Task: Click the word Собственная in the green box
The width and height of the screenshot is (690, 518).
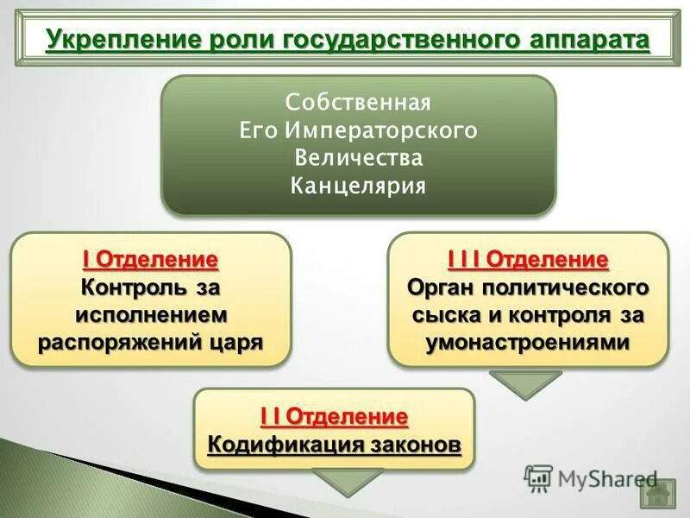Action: coord(358,103)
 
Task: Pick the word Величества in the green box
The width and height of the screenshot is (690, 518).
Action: coord(358,158)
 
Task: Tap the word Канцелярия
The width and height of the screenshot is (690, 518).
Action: coord(358,186)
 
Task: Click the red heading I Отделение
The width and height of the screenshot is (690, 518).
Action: coord(150,259)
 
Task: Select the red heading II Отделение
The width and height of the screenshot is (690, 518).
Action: coord(333,416)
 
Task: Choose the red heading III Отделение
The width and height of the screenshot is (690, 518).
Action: coord(528,259)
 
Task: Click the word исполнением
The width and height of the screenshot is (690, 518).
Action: coord(150,314)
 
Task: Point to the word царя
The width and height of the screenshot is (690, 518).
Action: coord(235,342)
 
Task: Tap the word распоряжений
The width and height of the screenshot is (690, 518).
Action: coord(121,342)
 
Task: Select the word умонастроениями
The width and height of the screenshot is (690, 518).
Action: coord(528,342)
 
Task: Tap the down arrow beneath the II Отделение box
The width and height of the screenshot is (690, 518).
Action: coord(347,482)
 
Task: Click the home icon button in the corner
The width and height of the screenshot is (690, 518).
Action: coord(657,495)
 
